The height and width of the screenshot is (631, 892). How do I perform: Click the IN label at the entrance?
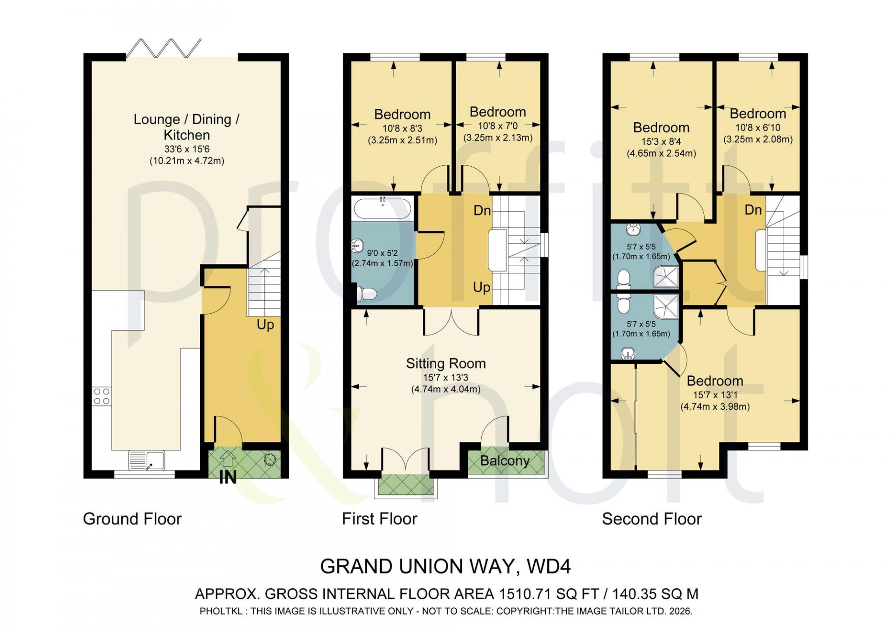[x=228, y=477]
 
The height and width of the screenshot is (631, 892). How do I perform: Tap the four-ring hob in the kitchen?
[x=102, y=396]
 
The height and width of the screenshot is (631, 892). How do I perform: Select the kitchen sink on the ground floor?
[x=146, y=460]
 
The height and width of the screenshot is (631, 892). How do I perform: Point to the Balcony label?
[x=505, y=461]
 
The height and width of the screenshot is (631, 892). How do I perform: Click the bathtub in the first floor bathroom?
[x=382, y=208]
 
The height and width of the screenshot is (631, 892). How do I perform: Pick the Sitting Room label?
[x=446, y=363]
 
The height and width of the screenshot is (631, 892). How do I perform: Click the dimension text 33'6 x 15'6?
[x=187, y=149]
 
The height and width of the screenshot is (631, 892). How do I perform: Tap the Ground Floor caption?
[x=132, y=519]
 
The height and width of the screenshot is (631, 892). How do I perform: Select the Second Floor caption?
[x=652, y=519]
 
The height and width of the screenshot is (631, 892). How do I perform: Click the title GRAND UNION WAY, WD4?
[x=446, y=566]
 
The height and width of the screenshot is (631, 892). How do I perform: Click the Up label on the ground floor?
[x=265, y=325]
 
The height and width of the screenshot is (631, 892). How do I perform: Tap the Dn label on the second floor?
[x=753, y=210]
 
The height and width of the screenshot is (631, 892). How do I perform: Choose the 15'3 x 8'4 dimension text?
[x=661, y=142]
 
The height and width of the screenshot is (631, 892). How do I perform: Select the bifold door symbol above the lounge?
[x=164, y=48]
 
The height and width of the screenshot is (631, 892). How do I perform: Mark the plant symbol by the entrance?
[x=269, y=460]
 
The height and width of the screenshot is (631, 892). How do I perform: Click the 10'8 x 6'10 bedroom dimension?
[x=758, y=128]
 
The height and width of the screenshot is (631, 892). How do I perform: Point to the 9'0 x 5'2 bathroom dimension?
[x=382, y=253]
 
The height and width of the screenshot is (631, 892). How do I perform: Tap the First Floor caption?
[x=380, y=519]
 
